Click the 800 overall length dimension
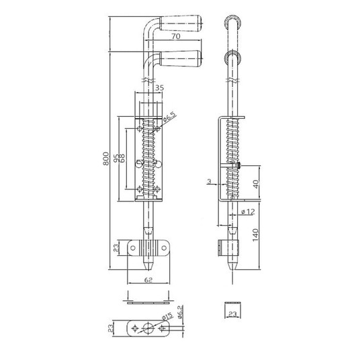(x=105, y=159)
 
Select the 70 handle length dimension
(x=176, y=36)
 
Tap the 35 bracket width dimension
(x=160, y=88)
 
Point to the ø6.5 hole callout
(x=170, y=117)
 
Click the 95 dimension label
(x=116, y=159)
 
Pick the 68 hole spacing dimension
(x=122, y=159)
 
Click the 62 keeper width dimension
(x=148, y=279)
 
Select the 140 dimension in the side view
(x=255, y=235)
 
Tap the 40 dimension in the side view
(x=256, y=184)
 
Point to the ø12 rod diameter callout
(x=248, y=212)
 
